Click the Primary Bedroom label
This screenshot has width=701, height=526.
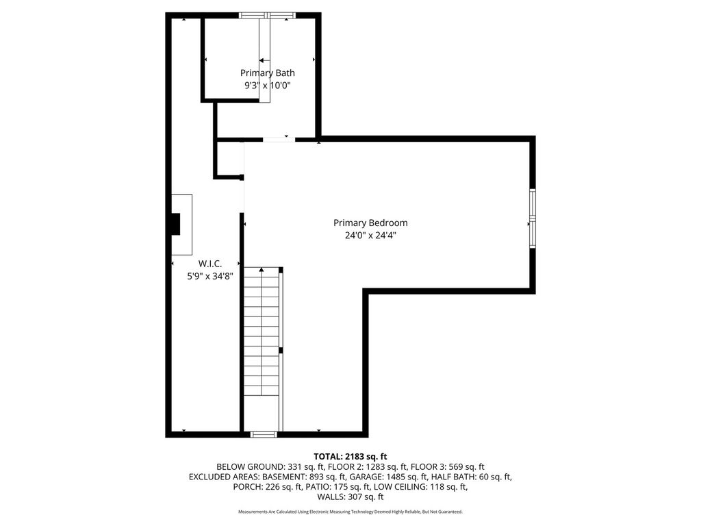[x=370, y=223]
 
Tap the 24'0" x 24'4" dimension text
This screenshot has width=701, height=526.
[x=370, y=235]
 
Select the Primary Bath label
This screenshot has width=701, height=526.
[x=268, y=73]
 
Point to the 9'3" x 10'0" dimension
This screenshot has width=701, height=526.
[x=268, y=86]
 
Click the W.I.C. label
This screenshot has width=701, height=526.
[x=210, y=264]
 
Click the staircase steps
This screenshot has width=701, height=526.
[x=262, y=332]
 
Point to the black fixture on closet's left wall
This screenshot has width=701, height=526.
[x=175, y=224]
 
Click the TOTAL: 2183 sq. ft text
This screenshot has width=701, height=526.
[x=350, y=456]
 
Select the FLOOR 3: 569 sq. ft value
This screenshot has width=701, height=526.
[x=448, y=466]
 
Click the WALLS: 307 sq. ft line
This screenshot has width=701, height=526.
[x=350, y=497]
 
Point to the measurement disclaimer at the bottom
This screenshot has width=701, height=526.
[x=350, y=512]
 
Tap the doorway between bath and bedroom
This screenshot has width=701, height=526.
[x=279, y=140]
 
